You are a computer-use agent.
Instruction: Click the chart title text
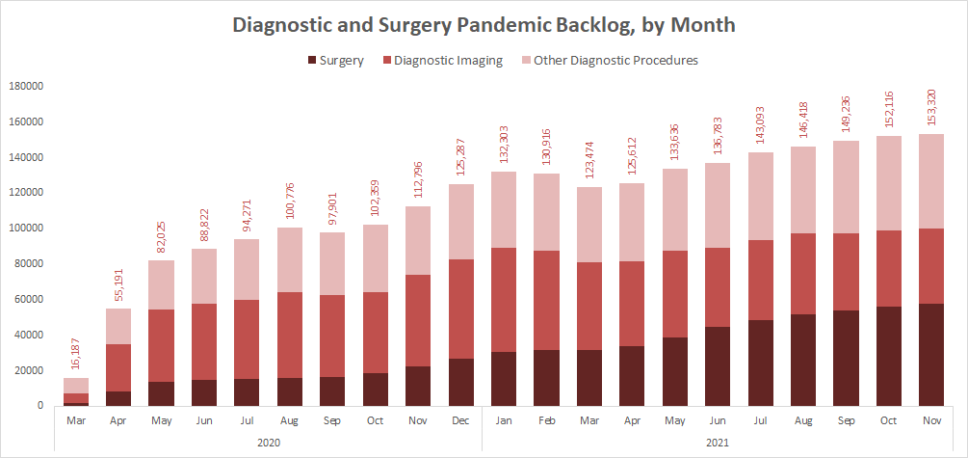pyautogui.click(x=484, y=26)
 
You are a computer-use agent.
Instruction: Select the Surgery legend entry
pyautogui.click(x=334, y=60)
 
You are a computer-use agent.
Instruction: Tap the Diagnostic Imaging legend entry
pyautogui.click(x=443, y=60)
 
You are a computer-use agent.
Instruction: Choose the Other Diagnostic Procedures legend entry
pyautogui.click(x=608, y=60)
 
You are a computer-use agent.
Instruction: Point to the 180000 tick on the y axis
pyautogui.click(x=27, y=86)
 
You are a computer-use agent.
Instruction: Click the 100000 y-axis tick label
pyautogui.click(x=27, y=229)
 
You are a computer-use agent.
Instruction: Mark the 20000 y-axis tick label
pyautogui.click(x=30, y=370)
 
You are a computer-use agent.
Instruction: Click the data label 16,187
pyautogui.click(x=76, y=355)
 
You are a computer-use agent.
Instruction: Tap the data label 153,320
pyautogui.click(x=931, y=111)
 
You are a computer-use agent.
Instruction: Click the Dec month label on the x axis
pyautogui.click(x=460, y=419)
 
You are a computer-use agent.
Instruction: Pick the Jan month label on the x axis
pyautogui.click(x=504, y=419)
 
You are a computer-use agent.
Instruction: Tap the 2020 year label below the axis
pyautogui.click(x=268, y=441)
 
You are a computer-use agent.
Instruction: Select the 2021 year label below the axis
pyautogui.click(x=717, y=441)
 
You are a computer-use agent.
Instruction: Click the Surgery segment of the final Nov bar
pyautogui.click(x=930, y=355)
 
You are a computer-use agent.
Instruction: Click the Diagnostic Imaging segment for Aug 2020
pyautogui.click(x=290, y=335)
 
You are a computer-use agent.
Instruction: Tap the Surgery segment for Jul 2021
pyautogui.click(x=760, y=363)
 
